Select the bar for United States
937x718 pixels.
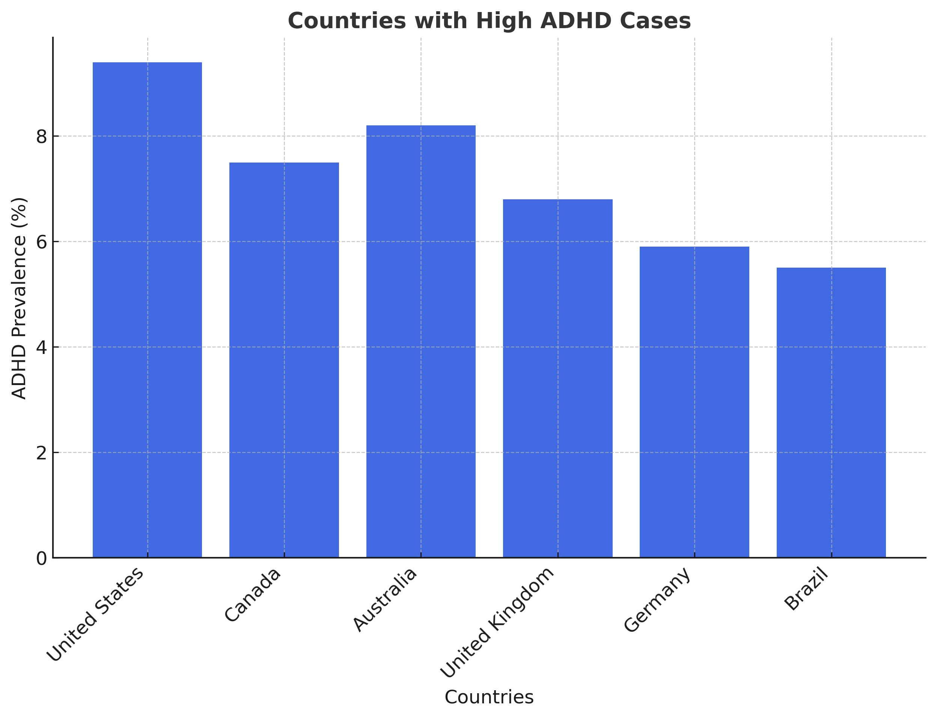(x=147, y=310)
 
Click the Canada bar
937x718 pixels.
(x=284, y=360)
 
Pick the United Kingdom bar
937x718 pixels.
(x=557, y=378)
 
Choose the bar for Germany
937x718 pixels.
(x=694, y=402)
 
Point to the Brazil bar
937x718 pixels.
(x=831, y=412)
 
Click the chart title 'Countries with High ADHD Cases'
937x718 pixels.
(x=489, y=21)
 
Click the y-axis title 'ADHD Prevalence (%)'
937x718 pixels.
(x=19, y=298)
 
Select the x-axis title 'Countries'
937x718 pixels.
(x=489, y=697)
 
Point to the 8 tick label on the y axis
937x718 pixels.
(x=41, y=137)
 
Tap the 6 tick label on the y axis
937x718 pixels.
(x=41, y=242)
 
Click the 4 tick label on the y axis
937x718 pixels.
(x=41, y=348)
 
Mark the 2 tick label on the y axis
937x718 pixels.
(x=41, y=453)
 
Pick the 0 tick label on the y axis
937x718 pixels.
(x=41, y=558)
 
